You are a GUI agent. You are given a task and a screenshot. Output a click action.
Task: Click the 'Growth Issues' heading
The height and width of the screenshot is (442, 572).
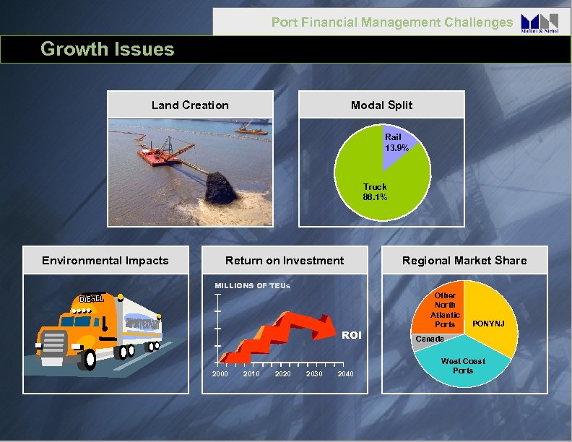tap(108, 49)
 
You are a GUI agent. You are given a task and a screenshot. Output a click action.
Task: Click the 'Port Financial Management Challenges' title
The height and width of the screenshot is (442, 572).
tap(391, 22)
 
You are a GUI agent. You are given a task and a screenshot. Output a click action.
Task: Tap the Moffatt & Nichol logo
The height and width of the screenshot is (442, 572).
tap(539, 23)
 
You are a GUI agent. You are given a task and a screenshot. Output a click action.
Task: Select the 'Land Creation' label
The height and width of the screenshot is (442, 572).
tap(190, 105)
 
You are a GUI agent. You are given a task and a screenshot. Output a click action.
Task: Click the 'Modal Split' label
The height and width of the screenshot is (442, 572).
tap(381, 105)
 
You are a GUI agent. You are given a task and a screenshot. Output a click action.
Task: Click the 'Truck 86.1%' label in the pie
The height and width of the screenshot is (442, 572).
tap(375, 191)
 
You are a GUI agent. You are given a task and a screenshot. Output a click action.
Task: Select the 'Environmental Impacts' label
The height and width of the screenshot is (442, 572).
tap(105, 260)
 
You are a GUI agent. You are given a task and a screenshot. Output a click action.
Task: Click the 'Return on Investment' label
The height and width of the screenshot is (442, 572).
tap(285, 260)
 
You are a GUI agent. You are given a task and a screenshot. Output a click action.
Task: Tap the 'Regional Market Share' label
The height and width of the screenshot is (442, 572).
tap(464, 260)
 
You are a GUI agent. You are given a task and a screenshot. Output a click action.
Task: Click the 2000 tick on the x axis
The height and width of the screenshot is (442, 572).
tap(220, 373)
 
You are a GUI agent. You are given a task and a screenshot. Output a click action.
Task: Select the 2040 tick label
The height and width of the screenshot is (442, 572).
tap(345, 373)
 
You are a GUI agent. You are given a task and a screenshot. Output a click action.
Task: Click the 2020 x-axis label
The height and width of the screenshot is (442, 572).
tap(282, 373)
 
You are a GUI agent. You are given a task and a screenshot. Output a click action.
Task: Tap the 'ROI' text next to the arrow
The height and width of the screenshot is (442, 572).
tap(351, 335)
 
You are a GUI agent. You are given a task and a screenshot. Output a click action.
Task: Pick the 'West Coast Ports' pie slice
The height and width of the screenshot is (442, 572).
tap(463, 365)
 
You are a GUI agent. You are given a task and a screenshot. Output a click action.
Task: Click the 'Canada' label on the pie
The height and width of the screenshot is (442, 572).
tap(429, 338)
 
